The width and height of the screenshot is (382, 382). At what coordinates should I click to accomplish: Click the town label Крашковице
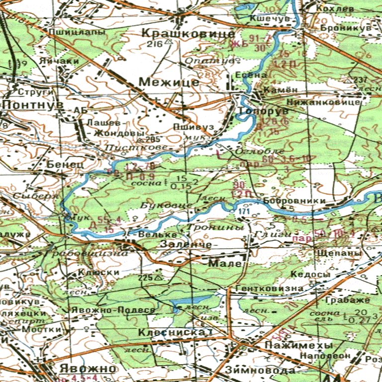[x=188, y=34]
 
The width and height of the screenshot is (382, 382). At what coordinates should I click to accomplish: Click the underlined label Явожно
[x=87, y=369]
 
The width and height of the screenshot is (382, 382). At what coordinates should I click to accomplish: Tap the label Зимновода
[x=256, y=370]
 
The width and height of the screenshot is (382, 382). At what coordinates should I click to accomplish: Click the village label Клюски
[x=98, y=273]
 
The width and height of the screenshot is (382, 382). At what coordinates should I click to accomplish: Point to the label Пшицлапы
[x=77, y=32]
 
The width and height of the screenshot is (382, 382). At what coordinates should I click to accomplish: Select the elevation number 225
[x=146, y=277]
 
